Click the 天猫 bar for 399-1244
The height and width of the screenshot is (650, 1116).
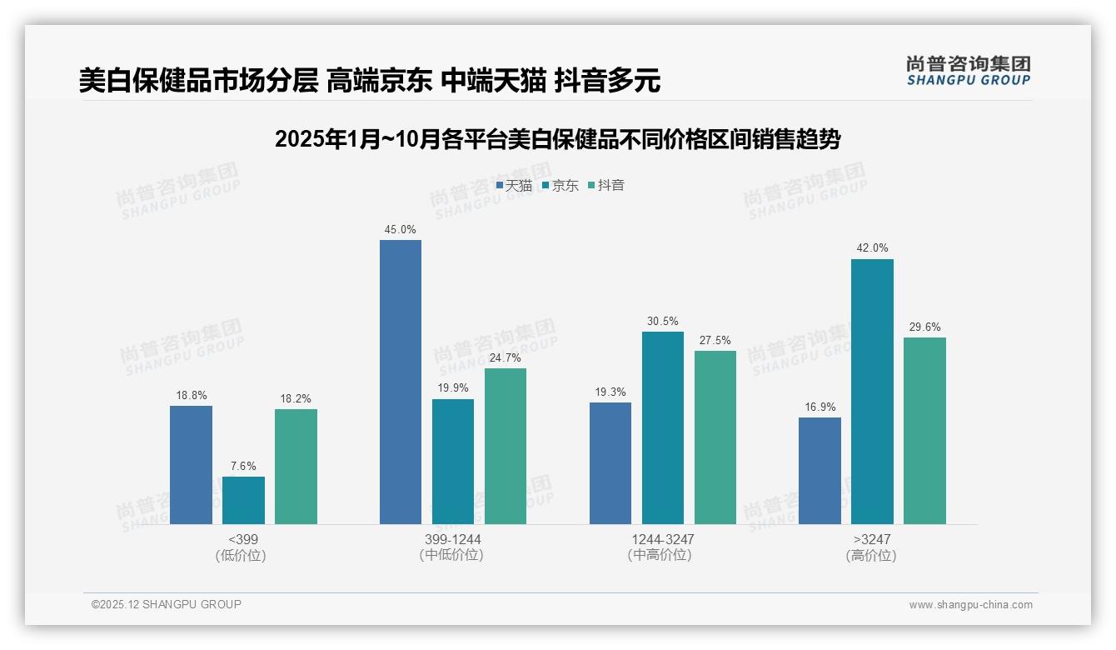[x=401, y=382]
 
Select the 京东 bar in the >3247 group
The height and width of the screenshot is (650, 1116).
[x=872, y=392]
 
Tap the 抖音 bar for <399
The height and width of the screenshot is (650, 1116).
[x=296, y=467]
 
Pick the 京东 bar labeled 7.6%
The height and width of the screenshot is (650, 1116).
[x=243, y=500]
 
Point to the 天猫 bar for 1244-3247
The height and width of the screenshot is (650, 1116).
[x=610, y=463]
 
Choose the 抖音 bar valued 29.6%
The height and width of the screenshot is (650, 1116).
[x=924, y=431]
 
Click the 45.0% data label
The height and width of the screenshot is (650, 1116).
[x=401, y=229]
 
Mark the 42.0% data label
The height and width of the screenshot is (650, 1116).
[x=872, y=248]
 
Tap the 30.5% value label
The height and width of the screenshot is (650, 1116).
[x=663, y=321]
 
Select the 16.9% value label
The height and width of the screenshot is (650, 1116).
[x=820, y=407]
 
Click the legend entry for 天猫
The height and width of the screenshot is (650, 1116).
[x=514, y=186]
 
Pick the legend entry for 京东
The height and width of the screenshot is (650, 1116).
[x=560, y=186]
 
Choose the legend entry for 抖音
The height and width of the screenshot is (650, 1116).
[x=606, y=186]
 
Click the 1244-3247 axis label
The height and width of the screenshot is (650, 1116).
[x=662, y=539]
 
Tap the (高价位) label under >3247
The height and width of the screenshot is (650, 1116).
[x=871, y=555]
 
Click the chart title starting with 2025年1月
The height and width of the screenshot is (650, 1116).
[x=557, y=139]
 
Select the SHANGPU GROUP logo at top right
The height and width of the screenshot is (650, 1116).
[x=968, y=71]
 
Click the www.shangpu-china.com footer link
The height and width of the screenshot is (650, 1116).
[x=970, y=605]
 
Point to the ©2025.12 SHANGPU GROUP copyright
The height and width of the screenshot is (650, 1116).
[x=167, y=604]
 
